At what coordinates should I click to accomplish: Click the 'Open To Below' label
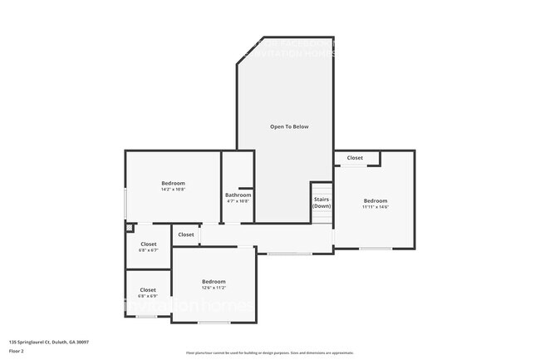[289, 126]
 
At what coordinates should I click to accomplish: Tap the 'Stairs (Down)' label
[322, 203]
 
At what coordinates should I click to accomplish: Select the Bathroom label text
[238, 195]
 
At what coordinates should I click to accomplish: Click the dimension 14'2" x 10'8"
[173, 190]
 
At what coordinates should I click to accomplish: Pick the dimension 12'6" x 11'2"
[214, 288]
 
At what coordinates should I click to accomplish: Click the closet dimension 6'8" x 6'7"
[148, 250]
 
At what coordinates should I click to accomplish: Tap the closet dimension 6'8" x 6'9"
[148, 296]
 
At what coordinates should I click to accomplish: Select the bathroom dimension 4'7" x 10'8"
[238, 201]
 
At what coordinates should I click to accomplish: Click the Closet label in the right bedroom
[355, 158]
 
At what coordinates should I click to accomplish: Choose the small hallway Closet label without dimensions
[186, 234]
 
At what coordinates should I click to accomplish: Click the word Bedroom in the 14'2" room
[173, 183]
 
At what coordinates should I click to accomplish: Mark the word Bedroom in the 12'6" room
[214, 281]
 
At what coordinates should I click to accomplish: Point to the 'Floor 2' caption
[17, 351]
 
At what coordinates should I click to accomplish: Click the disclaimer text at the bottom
[269, 353]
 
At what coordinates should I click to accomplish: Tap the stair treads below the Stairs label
[322, 215]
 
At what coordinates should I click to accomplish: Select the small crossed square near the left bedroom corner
[129, 227]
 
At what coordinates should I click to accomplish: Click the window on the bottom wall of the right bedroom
[376, 249]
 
